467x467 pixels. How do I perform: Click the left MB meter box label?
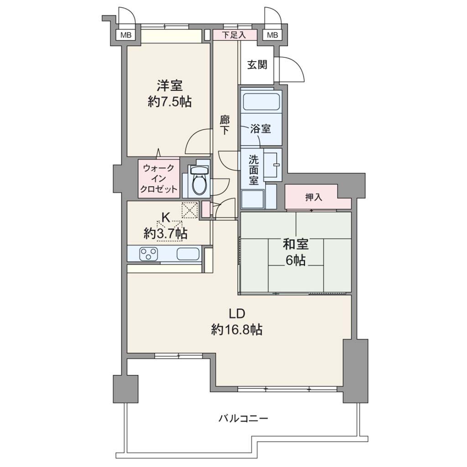126,35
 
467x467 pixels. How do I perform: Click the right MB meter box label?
272,35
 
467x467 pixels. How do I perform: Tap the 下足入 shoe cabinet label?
234,35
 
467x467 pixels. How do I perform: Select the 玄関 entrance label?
257,65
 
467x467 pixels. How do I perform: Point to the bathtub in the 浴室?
262,101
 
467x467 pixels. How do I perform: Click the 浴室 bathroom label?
260,129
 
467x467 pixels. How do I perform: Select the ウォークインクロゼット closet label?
159,179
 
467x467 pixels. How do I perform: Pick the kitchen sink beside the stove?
188,254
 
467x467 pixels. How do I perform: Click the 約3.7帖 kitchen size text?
166,233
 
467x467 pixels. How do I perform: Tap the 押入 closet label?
314,197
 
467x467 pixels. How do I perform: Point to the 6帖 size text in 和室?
296,260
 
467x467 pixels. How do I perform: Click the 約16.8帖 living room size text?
237,330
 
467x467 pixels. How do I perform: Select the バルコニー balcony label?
244,419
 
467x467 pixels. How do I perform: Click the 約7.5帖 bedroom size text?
170,102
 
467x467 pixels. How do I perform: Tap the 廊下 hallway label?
224,125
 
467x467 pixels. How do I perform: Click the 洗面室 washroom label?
254,170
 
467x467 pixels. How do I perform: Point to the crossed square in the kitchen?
190,210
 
